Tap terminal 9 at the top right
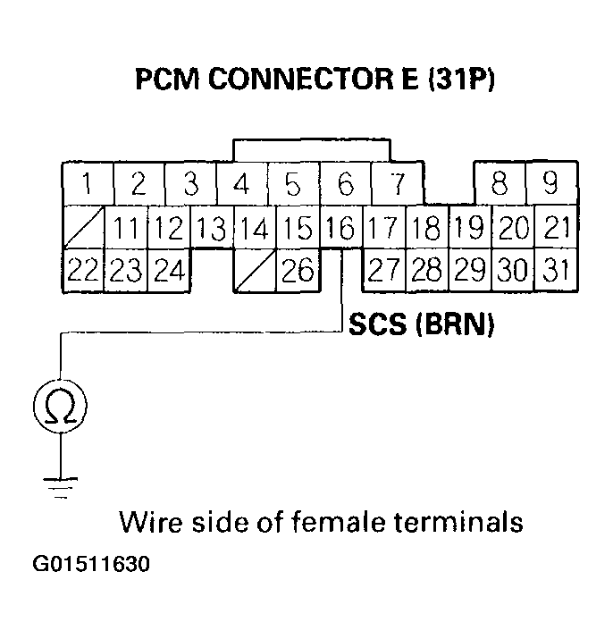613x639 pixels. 550,184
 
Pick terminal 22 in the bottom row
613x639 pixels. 84,270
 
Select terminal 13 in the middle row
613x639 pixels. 212,228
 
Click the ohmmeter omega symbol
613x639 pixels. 59,408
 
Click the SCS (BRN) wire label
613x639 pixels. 421,324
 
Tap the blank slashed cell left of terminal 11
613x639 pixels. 84,228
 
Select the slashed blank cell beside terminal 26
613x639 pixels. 255,270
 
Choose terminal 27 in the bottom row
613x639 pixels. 383,270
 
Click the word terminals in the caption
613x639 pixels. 461,520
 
